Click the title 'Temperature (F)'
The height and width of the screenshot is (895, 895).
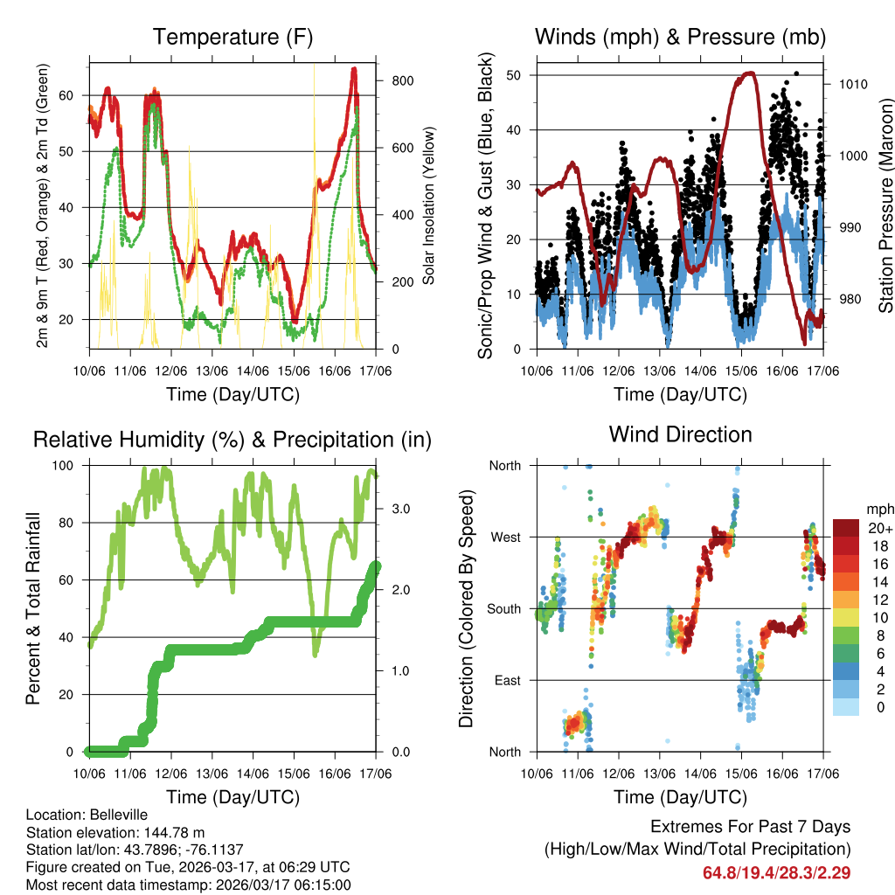pyautogui.click(x=232, y=38)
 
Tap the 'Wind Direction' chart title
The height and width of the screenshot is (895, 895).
pyautogui.click(x=680, y=434)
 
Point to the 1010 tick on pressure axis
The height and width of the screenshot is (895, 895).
pyautogui.click(x=854, y=85)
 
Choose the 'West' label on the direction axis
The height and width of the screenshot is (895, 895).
pyautogui.click(x=504, y=538)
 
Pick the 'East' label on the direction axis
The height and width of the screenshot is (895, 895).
pyautogui.click(x=506, y=681)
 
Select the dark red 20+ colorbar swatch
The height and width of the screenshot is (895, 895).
pyautogui.click(x=847, y=527)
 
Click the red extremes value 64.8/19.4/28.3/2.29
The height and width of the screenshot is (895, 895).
pyautogui.click(x=776, y=872)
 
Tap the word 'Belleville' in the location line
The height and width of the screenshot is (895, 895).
pyautogui.click(x=115, y=815)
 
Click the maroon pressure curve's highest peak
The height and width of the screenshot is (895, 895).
pyautogui.click(x=747, y=73)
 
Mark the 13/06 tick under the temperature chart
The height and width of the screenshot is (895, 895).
pyautogui.click(x=212, y=371)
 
